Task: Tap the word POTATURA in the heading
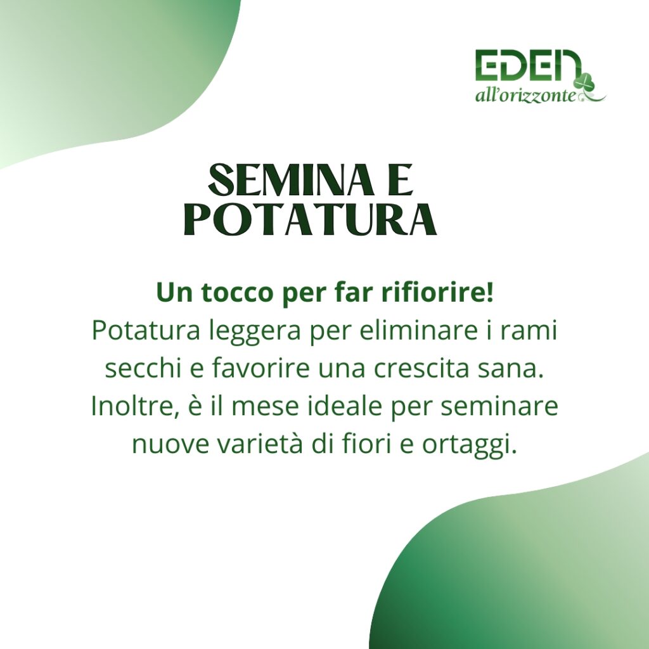(311, 219)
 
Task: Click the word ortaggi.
(470, 445)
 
